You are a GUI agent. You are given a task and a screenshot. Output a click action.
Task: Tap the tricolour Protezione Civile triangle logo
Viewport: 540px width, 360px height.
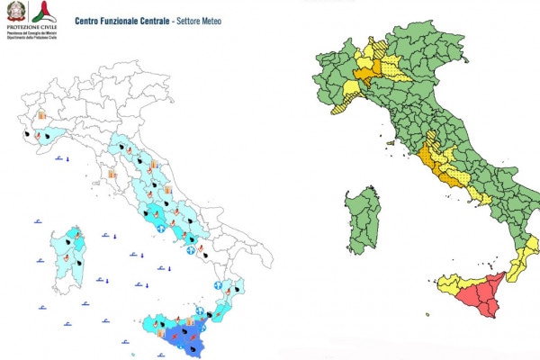pyautogui.click(x=40, y=12)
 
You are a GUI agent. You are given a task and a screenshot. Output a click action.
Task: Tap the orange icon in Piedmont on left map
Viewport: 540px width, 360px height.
pyautogui.click(x=40, y=115)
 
